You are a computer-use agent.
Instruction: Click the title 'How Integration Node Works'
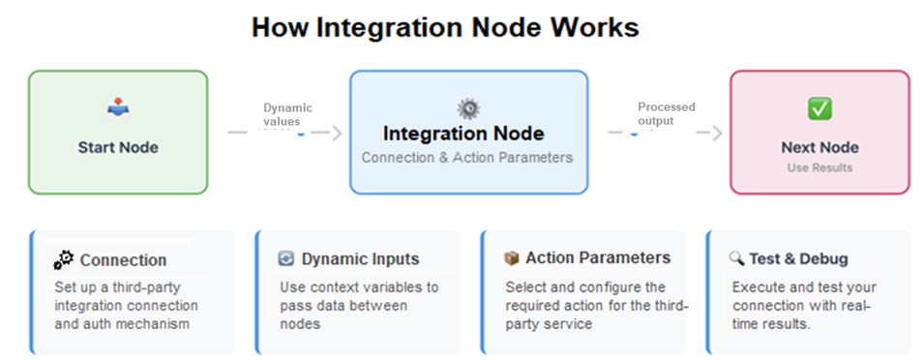click(445, 27)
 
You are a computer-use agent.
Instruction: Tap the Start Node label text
click(118, 148)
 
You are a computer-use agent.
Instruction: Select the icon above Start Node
click(118, 108)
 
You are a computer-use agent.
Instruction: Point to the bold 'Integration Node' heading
click(463, 134)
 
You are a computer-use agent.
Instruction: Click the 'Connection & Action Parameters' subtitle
click(467, 157)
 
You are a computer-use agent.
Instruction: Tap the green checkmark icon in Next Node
click(820, 108)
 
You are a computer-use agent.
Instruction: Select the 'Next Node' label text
click(820, 148)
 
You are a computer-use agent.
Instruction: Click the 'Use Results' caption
click(820, 168)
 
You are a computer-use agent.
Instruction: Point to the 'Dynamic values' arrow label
click(287, 115)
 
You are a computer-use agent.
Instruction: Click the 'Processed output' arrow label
click(666, 114)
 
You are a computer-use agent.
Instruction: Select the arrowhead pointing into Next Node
click(716, 134)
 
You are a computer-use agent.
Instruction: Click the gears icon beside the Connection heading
click(64, 259)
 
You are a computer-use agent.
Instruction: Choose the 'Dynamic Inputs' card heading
click(360, 259)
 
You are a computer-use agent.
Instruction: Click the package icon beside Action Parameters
click(512, 258)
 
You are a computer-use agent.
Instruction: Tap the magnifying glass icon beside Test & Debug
click(737, 259)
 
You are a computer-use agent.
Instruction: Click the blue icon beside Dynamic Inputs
click(286, 259)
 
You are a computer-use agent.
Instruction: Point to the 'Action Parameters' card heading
click(598, 258)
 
